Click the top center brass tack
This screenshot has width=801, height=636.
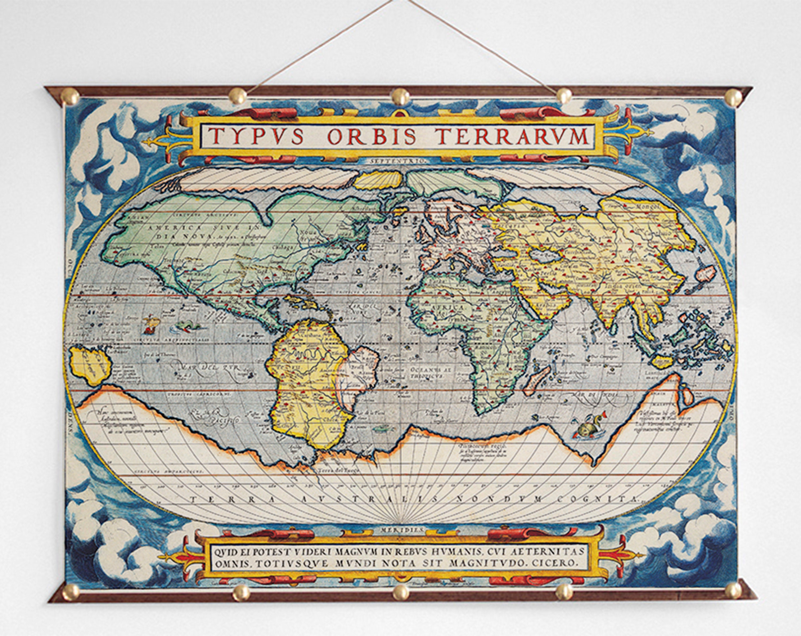(x=400, y=97)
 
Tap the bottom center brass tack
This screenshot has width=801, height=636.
(x=401, y=591)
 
